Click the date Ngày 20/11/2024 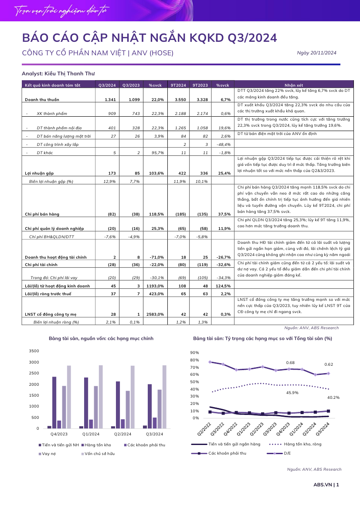point(316,53)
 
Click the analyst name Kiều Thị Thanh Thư point(70,74)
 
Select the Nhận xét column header point(294,85)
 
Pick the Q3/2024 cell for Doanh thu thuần point(110,100)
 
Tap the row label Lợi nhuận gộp point(39,173)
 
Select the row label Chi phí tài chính point(41,265)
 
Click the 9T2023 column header point(200,85)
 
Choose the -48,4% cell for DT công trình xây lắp point(224,145)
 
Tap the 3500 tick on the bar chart point(34,351)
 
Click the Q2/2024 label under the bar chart point(122,434)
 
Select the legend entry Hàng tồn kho point(96,445)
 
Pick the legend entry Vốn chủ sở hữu point(98,454)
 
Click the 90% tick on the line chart point(194,353)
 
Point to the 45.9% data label point(292,393)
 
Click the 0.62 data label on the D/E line point(329,364)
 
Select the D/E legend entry point(279,453)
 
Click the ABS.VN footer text point(323,485)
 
